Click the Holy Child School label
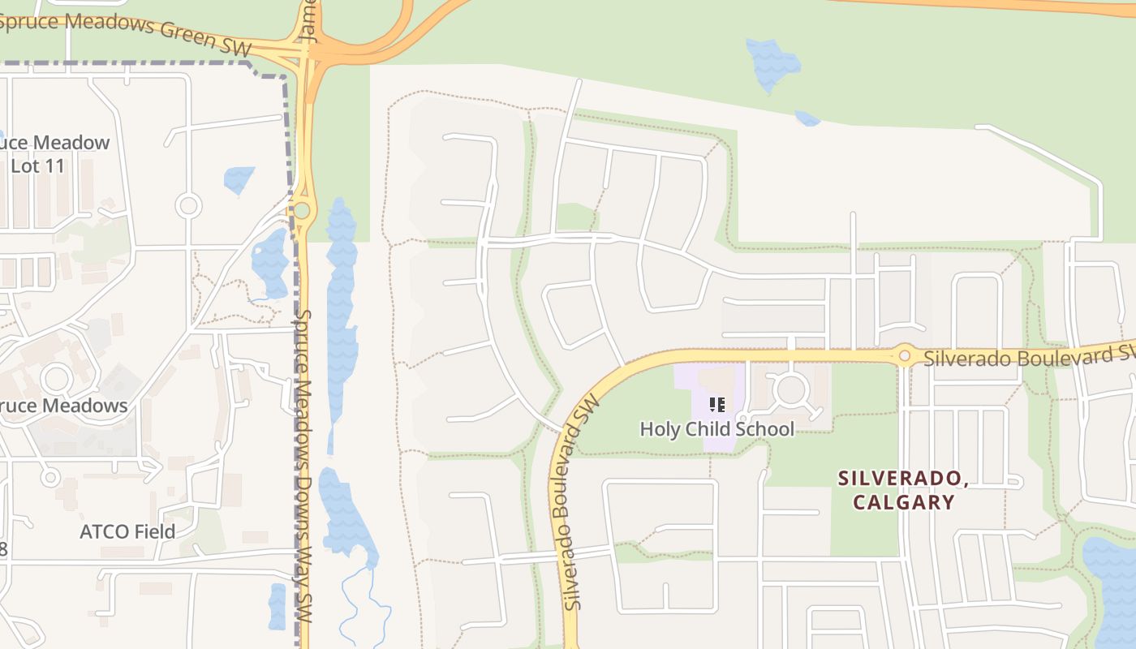tap(716, 428)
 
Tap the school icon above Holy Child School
tap(716, 404)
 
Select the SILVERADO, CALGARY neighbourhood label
tap(903, 490)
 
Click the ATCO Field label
tap(127, 531)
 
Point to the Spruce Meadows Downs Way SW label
tap(303, 466)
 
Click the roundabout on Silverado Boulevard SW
tap(904, 355)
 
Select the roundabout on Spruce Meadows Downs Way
tap(302, 211)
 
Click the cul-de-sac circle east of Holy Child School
tap(790, 390)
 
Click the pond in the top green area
tap(772, 64)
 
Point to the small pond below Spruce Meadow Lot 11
tap(239, 179)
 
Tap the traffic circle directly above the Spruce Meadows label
tap(56, 378)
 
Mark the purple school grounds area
tap(704, 381)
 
